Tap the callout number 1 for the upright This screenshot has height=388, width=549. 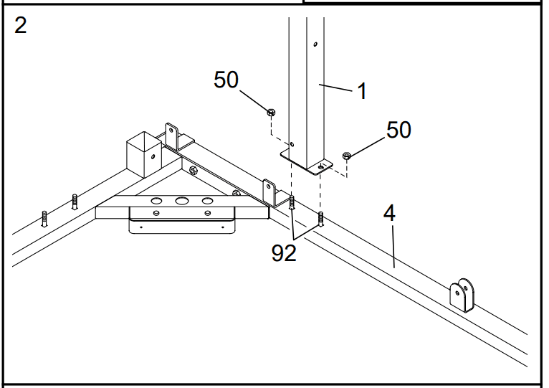(362, 91)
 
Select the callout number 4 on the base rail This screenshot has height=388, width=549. (389, 214)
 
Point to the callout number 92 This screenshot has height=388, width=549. (285, 253)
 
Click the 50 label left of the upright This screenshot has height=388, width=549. (226, 80)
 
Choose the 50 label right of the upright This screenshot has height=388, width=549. (398, 130)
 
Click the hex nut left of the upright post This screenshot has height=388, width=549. (271, 113)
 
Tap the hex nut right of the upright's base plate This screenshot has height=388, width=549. (347, 156)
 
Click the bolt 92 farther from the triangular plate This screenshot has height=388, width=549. (320, 218)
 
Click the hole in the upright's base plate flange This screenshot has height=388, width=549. (320, 167)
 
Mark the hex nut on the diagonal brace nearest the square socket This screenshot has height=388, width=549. (193, 170)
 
